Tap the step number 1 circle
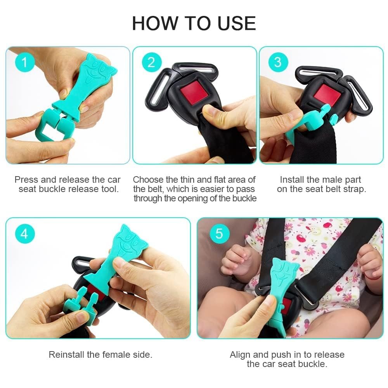tap(25, 62)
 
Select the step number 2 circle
tap(151, 62)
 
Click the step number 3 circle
tap(278, 62)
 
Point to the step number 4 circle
tap(25, 234)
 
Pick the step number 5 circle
tap(220, 234)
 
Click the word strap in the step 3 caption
tap(354, 189)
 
